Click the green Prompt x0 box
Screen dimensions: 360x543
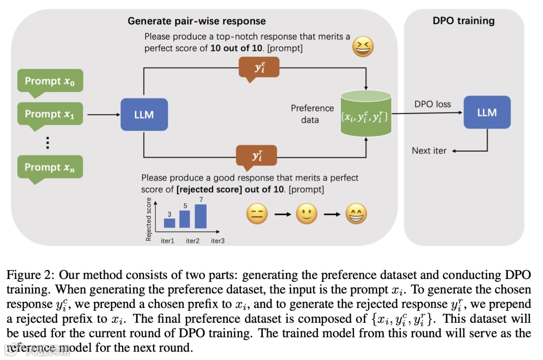49,81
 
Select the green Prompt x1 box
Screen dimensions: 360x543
49,114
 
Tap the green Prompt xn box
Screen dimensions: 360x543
49,167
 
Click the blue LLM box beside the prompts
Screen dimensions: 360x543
144,115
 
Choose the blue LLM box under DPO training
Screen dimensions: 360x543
487,113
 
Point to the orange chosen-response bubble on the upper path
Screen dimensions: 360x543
259,67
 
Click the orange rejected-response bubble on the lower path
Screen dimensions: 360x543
256,155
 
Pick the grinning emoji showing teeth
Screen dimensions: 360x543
356,216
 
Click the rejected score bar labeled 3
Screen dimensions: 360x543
169,223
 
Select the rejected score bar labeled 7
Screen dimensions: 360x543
201,216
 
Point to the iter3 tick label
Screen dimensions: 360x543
218,241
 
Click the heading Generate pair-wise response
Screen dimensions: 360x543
197,21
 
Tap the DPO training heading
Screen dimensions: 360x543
464,21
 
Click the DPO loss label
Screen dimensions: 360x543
432,105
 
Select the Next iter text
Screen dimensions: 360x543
429,150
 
